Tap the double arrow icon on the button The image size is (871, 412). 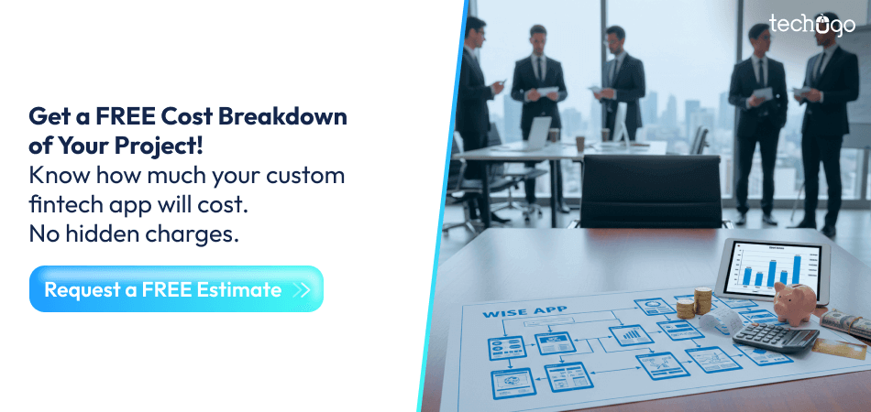coord(302,290)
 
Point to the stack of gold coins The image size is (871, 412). coord(703,300)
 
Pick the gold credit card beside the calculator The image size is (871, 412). coord(840,349)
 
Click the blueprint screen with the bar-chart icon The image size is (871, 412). coord(632,337)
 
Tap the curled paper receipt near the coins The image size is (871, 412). coord(722,320)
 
